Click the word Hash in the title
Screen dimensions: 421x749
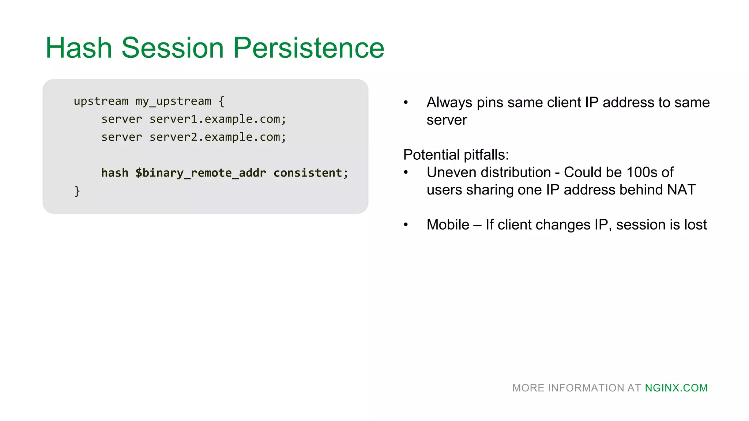tap(79, 48)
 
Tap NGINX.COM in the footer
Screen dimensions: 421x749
tap(676, 388)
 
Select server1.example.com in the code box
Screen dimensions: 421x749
tap(217, 119)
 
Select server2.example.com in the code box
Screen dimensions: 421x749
tap(217, 137)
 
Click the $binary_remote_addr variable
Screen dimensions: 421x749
tap(200, 173)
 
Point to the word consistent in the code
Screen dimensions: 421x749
tap(308, 173)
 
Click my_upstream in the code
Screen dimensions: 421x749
tap(173, 101)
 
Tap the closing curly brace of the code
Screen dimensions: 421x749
tap(77, 191)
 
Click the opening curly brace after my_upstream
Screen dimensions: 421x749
tap(221, 101)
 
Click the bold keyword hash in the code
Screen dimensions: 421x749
tap(114, 173)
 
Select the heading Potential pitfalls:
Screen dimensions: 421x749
tap(456, 155)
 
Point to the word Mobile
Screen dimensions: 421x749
tap(448, 224)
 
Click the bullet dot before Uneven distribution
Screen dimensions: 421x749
tap(406, 172)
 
